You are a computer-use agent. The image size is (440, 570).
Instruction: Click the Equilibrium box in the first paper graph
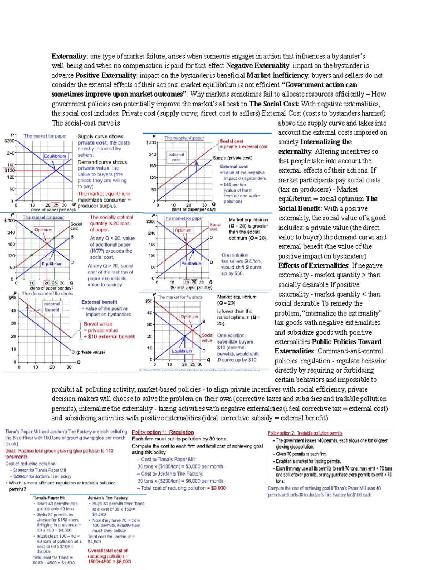click(55, 156)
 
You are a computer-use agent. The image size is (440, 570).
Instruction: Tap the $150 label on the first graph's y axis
click(10, 170)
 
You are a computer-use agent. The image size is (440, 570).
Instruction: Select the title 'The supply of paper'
click(184, 138)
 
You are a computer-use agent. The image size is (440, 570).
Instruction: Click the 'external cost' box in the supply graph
click(176, 157)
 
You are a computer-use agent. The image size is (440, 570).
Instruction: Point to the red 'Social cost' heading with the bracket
click(231, 141)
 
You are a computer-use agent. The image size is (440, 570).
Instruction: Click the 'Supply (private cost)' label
click(232, 158)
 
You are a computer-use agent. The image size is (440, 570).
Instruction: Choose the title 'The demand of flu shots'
click(47, 293)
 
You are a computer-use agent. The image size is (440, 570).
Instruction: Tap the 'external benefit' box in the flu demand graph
click(52, 306)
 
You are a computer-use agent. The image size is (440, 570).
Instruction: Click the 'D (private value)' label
click(88, 352)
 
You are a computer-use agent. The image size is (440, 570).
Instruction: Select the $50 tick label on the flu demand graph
click(12, 298)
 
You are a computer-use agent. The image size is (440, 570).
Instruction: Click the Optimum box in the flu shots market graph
click(189, 316)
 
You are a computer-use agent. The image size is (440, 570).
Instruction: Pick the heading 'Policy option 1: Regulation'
click(162, 432)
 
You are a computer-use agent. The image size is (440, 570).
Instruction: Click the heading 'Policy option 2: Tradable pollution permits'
click(305, 433)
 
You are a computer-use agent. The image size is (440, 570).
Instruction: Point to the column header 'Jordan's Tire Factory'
click(108, 498)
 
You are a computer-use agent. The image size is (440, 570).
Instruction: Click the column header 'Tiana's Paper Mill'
click(49, 498)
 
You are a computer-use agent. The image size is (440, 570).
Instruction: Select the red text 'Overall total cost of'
click(107, 551)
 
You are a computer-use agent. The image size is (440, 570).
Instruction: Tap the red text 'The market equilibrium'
click(103, 193)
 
